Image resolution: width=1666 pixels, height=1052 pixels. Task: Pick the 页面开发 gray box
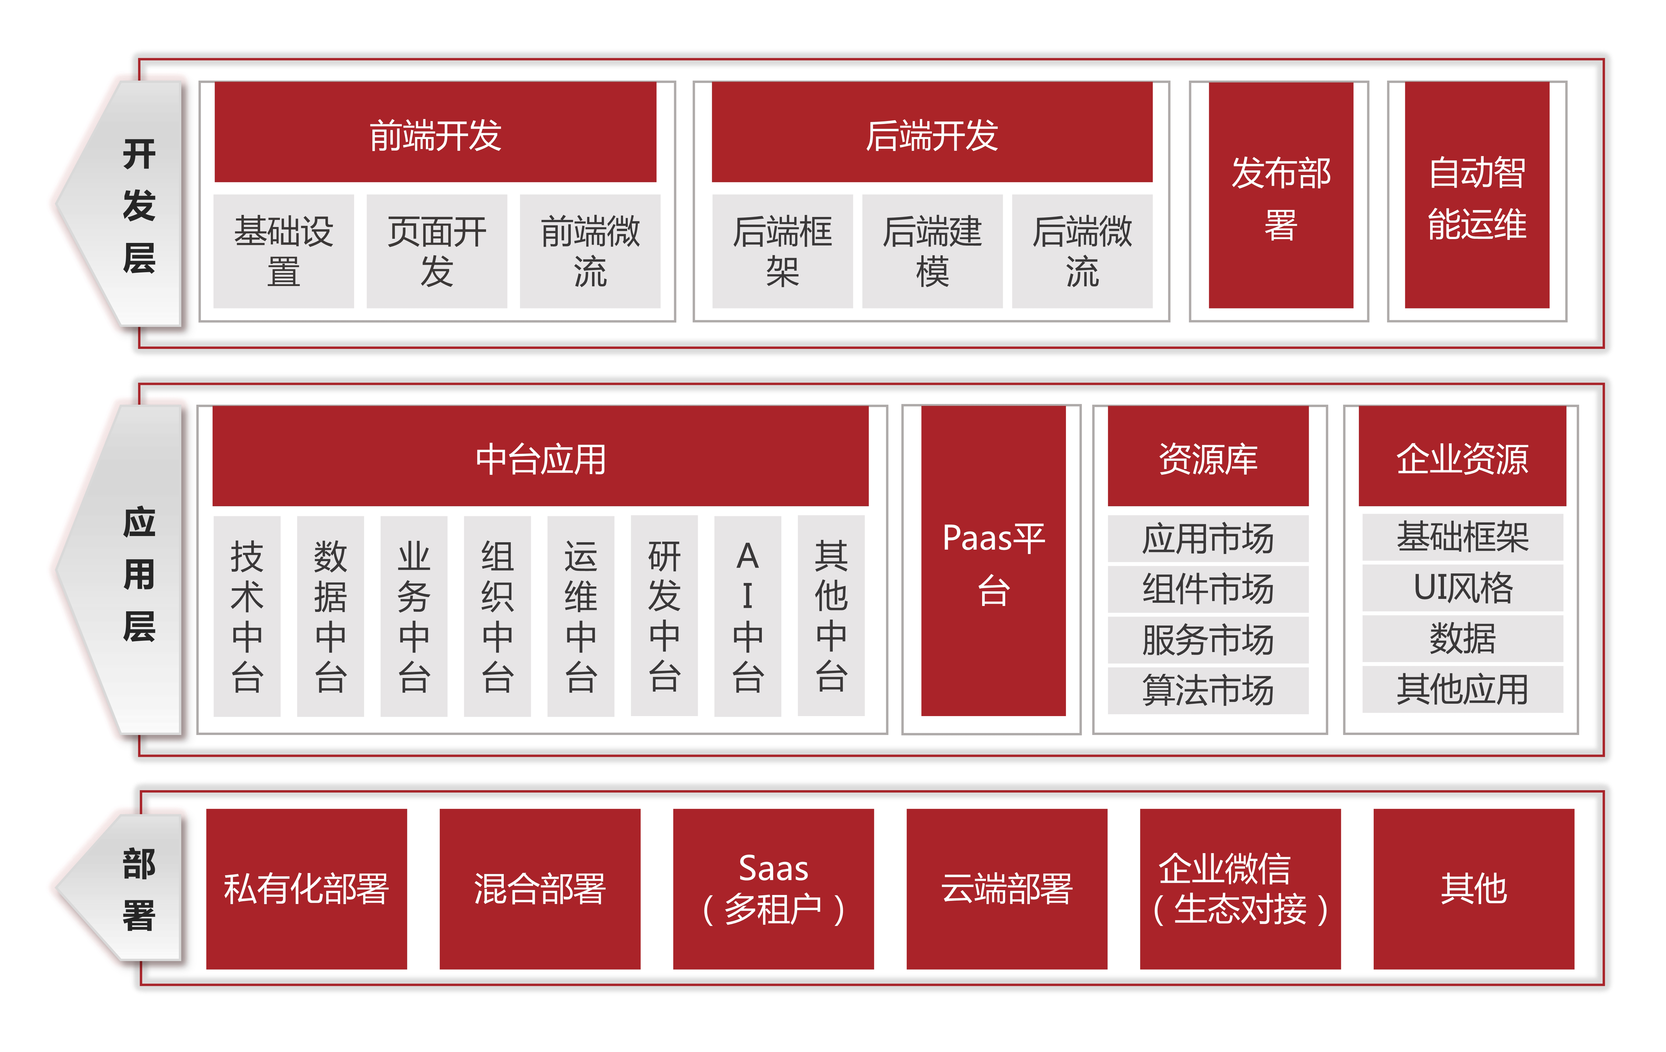(436, 251)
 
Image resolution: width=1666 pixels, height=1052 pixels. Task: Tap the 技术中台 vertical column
(247, 615)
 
